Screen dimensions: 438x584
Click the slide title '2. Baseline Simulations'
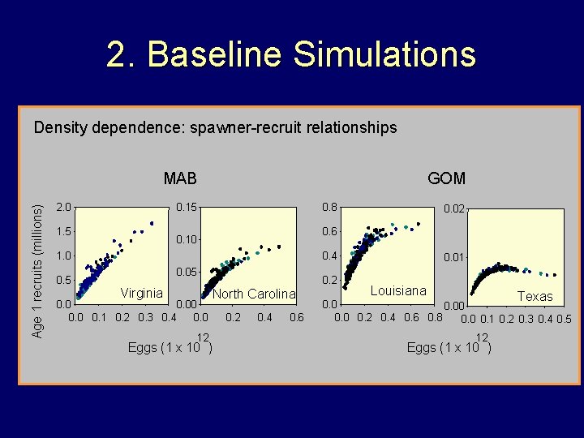click(x=291, y=55)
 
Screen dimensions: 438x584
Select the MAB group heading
click(x=179, y=178)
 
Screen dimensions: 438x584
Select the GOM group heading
click(x=446, y=178)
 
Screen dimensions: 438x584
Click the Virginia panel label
click(x=141, y=293)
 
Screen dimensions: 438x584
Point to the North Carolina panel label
click(x=254, y=294)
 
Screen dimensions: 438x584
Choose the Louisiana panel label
click(x=398, y=290)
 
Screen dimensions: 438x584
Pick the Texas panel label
click(x=535, y=296)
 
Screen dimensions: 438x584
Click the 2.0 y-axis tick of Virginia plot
click(x=62, y=207)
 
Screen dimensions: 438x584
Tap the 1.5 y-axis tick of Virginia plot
click(x=62, y=232)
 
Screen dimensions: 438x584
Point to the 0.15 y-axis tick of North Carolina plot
click(x=187, y=207)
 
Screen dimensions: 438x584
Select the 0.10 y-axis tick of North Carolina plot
click(x=187, y=239)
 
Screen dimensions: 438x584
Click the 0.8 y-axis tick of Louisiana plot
click(x=329, y=207)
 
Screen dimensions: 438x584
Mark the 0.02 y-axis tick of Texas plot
click(x=454, y=210)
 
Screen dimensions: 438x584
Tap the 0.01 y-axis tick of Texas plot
click(x=454, y=257)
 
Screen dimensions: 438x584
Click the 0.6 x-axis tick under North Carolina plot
click(x=296, y=317)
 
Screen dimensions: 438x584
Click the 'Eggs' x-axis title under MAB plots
click(x=143, y=348)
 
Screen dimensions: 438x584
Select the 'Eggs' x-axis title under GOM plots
click(x=420, y=348)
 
